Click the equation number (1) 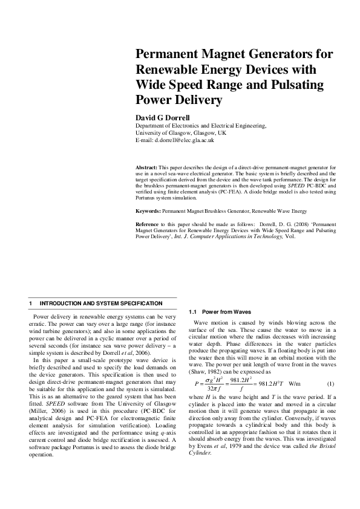pyautogui.click(x=330, y=384)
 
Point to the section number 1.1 pyautogui.click(x=193, y=311)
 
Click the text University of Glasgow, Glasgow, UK pyautogui.click(x=181, y=132)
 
